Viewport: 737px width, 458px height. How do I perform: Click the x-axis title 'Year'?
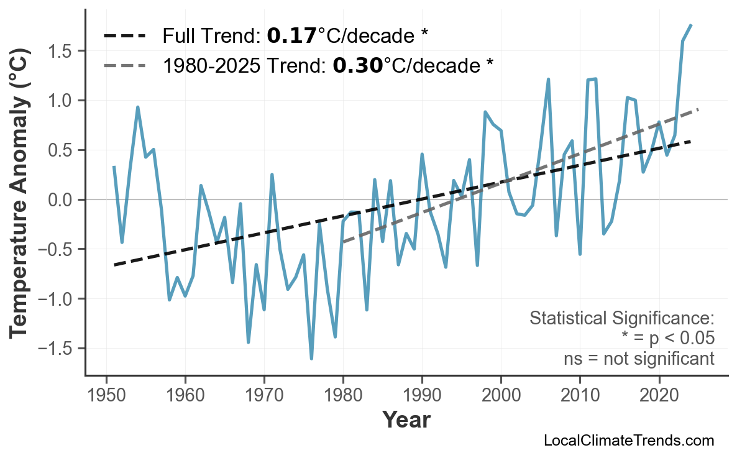pos(406,421)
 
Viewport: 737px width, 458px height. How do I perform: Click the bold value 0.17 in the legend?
pos(291,36)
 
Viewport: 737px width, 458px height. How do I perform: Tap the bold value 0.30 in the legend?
pos(357,65)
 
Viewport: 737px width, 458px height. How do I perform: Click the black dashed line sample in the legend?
pos(125,36)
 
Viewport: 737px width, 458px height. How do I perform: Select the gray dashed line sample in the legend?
pos(125,65)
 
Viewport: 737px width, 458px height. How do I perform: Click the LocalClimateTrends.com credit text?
pos(628,441)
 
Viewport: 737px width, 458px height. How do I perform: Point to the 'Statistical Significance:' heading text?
pos(621,319)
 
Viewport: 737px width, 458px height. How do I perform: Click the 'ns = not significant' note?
pos(638,359)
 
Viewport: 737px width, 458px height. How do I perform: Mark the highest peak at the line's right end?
pos(691,25)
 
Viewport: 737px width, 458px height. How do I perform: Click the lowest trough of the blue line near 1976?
pos(311,359)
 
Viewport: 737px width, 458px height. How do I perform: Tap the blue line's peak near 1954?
pos(137,107)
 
